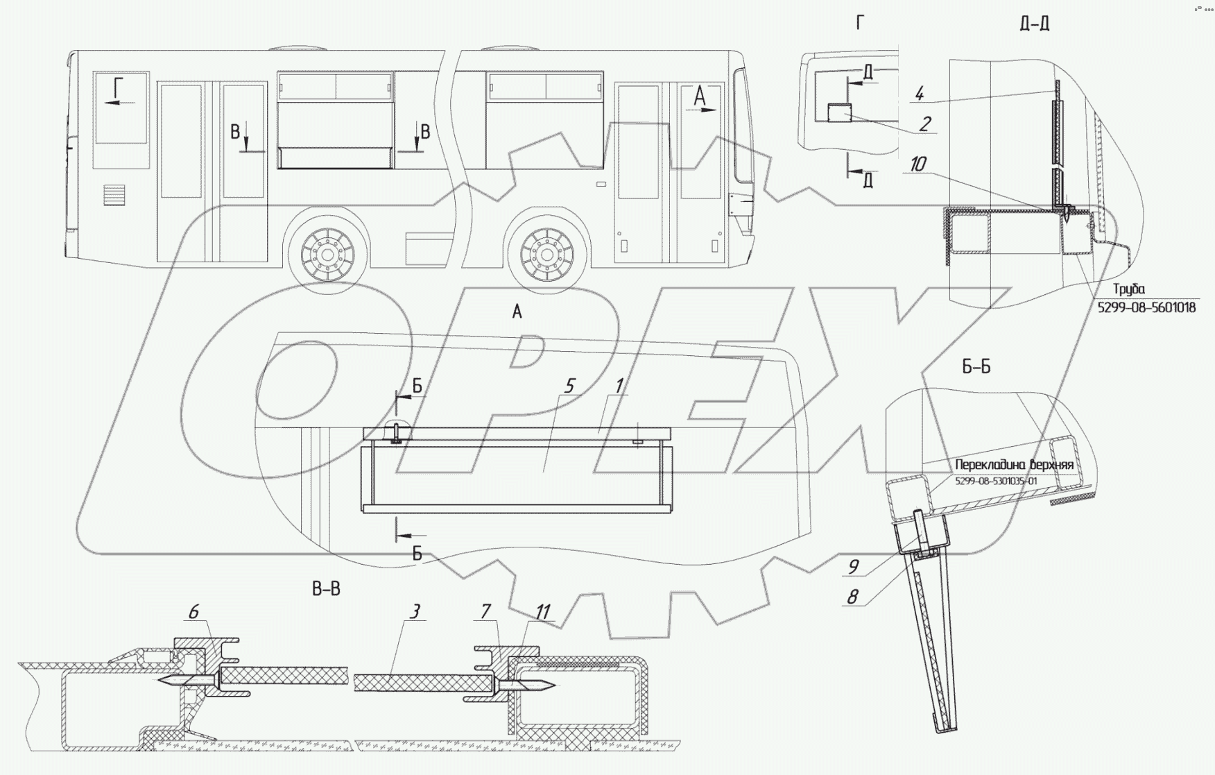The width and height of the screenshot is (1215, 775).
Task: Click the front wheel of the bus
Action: (548, 253)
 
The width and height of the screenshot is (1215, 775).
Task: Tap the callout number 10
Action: (917, 164)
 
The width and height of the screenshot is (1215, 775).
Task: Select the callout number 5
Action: (570, 386)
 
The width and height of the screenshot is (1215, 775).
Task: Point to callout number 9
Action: (853, 567)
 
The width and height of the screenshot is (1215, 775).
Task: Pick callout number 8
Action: (852, 597)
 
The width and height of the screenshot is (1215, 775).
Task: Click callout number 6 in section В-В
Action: (193, 611)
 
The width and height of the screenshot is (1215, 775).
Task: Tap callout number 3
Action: (415, 611)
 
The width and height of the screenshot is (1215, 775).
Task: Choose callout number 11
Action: (542, 612)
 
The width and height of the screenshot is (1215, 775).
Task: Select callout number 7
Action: (485, 611)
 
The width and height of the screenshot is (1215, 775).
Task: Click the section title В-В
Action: (326, 590)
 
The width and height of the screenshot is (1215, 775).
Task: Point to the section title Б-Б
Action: (976, 367)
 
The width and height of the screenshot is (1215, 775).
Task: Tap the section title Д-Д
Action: (1034, 24)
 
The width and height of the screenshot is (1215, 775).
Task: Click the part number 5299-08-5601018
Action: (1146, 307)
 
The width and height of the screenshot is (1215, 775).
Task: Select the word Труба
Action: (1128, 289)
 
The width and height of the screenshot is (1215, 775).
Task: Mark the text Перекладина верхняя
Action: (1014, 465)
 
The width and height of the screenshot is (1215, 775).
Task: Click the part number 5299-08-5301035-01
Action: (996, 481)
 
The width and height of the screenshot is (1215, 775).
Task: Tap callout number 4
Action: (920, 94)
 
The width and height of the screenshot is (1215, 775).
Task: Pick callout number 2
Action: (925, 124)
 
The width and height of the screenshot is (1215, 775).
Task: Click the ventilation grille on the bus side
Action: (114, 195)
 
